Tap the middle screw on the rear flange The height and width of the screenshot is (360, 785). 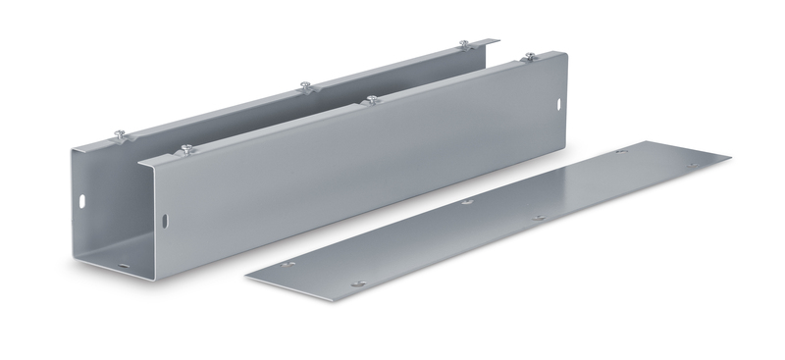[x=308, y=85]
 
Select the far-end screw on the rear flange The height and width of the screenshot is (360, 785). [x=463, y=45]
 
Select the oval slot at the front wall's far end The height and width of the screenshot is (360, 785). [x=561, y=101]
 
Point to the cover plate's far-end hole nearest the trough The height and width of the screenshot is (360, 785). [x=619, y=154]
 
